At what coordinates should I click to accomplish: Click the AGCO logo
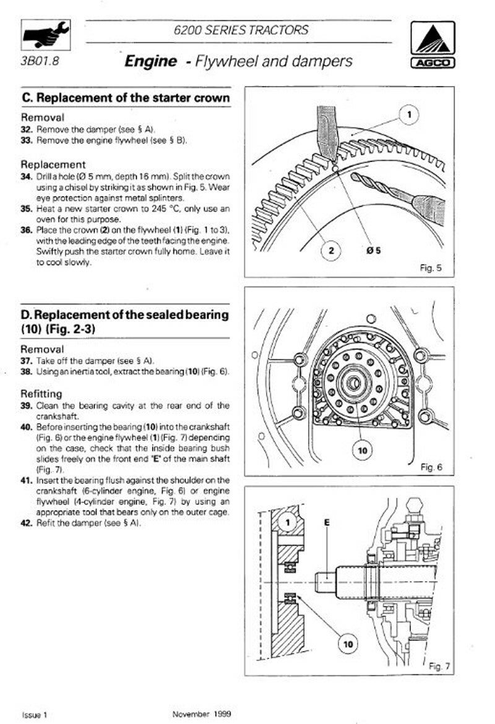(432, 43)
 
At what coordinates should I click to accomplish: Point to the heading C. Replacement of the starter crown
(126, 98)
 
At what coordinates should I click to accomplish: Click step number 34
(27, 176)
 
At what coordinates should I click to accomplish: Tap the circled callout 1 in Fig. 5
(410, 114)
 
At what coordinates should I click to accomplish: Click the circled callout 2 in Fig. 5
(331, 251)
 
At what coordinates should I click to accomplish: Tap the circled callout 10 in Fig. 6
(362, 450)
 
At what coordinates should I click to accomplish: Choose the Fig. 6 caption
(431, 467)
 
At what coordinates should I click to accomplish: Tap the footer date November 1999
(201, 714)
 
